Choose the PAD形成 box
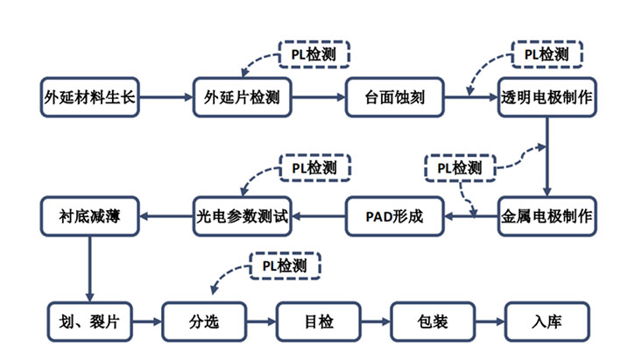(x=395, y=215)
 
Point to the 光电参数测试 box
(x=241, y=215)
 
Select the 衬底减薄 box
(x=90, y=215)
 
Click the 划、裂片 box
(x=90, y=321)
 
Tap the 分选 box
(x=204, y=321)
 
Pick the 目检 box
(x=319, y=321)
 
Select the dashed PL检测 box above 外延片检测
(x=314, y=53)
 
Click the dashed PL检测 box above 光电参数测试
(x=314, y=166)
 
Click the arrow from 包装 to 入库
(x=490, y=321)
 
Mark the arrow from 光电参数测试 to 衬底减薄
(x=166, y=215)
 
